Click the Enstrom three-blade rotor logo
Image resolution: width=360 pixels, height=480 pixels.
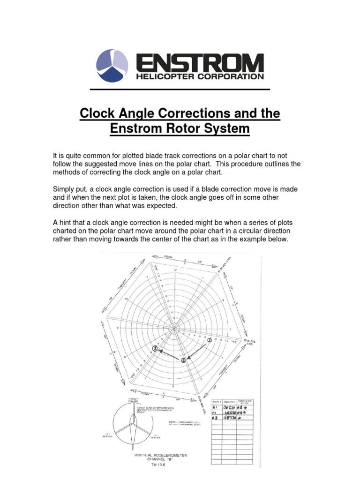coord(112,66)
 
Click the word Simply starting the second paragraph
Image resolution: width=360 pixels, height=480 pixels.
coord(63,188)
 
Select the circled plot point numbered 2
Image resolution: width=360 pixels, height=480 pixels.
coord(183,360)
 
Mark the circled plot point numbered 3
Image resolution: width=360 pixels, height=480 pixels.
coord(154,348)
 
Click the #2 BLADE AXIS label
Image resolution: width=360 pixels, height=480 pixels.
coord(249,341)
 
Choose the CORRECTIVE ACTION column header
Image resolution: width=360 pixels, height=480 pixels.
coord(246,402)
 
